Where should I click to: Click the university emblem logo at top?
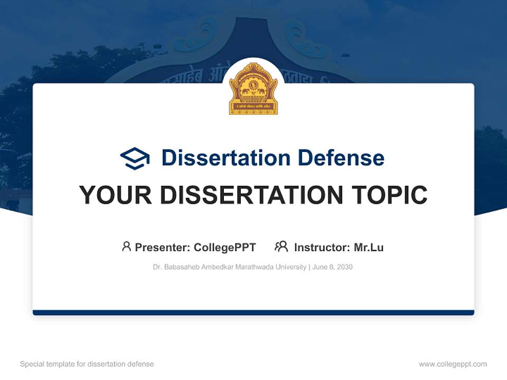point(253,89)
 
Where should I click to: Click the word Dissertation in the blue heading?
point(226,158)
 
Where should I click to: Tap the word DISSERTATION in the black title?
point(250,195)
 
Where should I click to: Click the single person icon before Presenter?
point(126,246)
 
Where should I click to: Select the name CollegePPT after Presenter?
point(224,248)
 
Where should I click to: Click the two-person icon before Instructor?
point(281,246)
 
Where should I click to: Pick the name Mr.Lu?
point(369,248)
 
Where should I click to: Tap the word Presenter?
point(163,248)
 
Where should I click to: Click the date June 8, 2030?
point(332,267)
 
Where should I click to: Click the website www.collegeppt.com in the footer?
point(453,364)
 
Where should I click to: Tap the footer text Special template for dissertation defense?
point(87,364)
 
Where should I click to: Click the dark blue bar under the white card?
point(253,312)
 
